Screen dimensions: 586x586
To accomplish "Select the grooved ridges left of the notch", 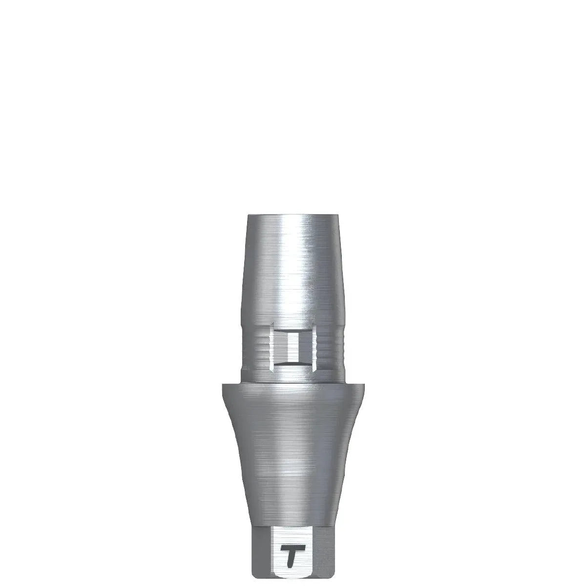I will (x=256, y=348).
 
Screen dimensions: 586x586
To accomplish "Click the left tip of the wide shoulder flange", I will (x=223, y=386).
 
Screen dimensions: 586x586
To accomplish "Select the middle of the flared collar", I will (x=293, y=454).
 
